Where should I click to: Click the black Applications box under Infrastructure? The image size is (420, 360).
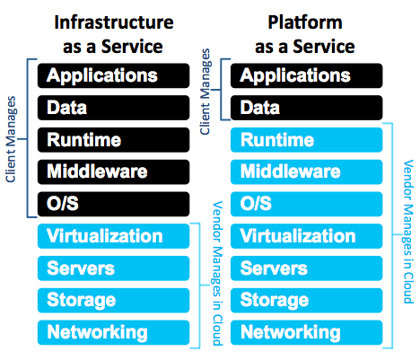[x=113, y=75]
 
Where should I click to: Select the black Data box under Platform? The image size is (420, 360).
[x=307, y=108]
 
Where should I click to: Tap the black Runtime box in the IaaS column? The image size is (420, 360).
[x=113, y=140]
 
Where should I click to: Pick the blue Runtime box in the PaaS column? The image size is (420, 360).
[x=307, y=140]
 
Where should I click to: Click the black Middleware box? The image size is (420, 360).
[x=113, y=171]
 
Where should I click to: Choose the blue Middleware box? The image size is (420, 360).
[x=307, y=171]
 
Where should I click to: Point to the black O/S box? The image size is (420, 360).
[x=113, y=204]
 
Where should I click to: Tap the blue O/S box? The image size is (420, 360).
[x=307, y=204]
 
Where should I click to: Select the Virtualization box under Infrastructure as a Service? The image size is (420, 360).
[x=113, y=236]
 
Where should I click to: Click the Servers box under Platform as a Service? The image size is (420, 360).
[x=307, y=268]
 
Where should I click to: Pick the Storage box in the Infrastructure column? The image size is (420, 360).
[x=113, y=301]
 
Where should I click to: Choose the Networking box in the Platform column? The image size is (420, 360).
[x=307, y=332]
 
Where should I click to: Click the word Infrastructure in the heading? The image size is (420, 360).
[x=114, y=22]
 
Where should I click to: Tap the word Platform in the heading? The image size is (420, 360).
[x=305, y=22]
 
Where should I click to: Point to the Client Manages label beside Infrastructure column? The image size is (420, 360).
[x=11, y=139]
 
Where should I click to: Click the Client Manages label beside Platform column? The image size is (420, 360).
[x=206, y=92]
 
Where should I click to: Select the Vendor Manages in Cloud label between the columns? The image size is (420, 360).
[x=217, y=274]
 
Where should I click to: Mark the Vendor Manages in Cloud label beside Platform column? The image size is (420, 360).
[x=408, y=232]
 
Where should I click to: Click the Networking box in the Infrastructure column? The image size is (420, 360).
[x=113, y=332]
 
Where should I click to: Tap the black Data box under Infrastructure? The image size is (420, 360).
[x=113, y=108]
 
